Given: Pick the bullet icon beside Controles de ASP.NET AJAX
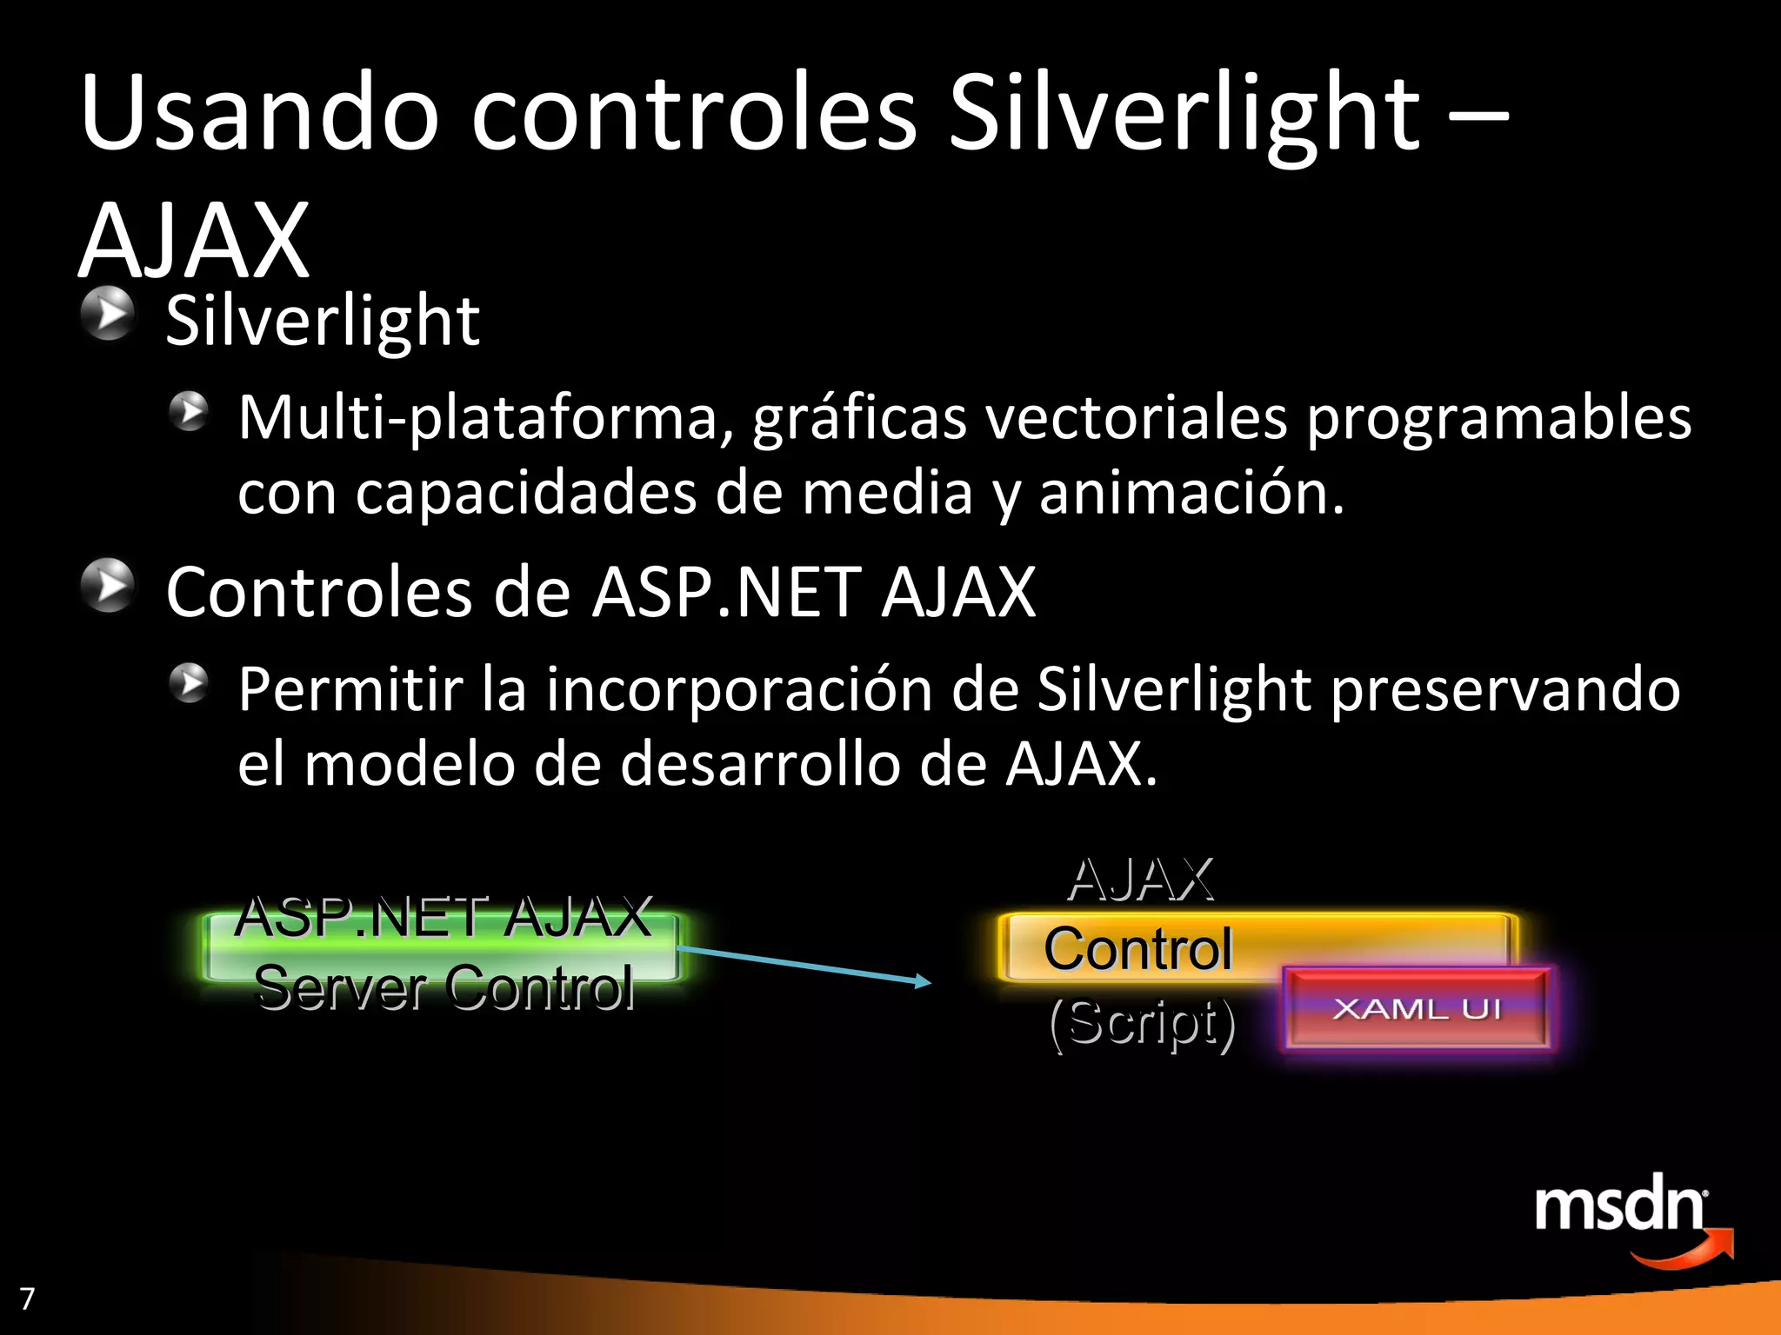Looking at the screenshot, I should [108, 585].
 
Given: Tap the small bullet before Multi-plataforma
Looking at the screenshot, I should [189, 411].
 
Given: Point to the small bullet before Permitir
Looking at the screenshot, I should [189, 683].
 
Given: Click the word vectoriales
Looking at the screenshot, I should [1136, 418].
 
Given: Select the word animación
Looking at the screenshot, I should [1191, 494].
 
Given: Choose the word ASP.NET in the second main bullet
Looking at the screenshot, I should [726, 593].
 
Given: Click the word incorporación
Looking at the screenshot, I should [739, 690].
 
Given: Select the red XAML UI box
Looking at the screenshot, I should [1417, 1008].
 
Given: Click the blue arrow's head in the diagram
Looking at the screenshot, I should [924, 982].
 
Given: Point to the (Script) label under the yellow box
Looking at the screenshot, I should [1142, 1023].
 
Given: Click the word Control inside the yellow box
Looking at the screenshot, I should [1137, 948].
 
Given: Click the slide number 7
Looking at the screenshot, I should [28, 1298].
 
